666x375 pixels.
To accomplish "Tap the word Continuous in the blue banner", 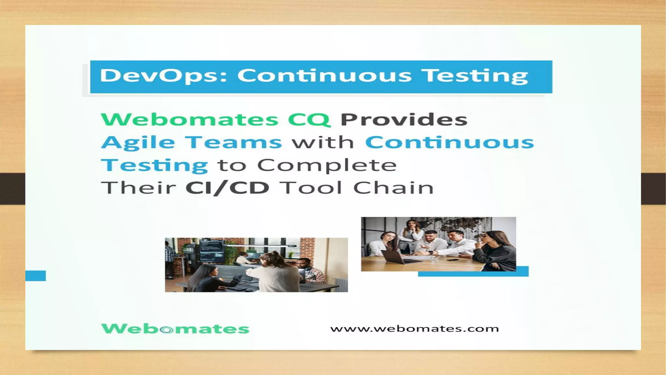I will (324, 76).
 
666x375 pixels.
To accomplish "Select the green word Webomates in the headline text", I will (190, 119).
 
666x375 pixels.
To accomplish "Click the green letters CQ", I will (309, 120).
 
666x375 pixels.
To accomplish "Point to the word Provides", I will (404, 119).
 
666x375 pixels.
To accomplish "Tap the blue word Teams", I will (233, 142).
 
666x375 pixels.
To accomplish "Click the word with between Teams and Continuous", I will (323, 142).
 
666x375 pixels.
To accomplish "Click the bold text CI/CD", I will (227, 188).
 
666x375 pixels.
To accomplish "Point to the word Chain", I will (393, 188).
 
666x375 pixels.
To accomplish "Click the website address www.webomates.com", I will (414, 329).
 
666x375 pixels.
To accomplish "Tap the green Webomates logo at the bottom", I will (175, 329).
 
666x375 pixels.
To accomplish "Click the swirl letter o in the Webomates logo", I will (167, 330).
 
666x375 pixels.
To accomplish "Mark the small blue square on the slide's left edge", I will (35, 275).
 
